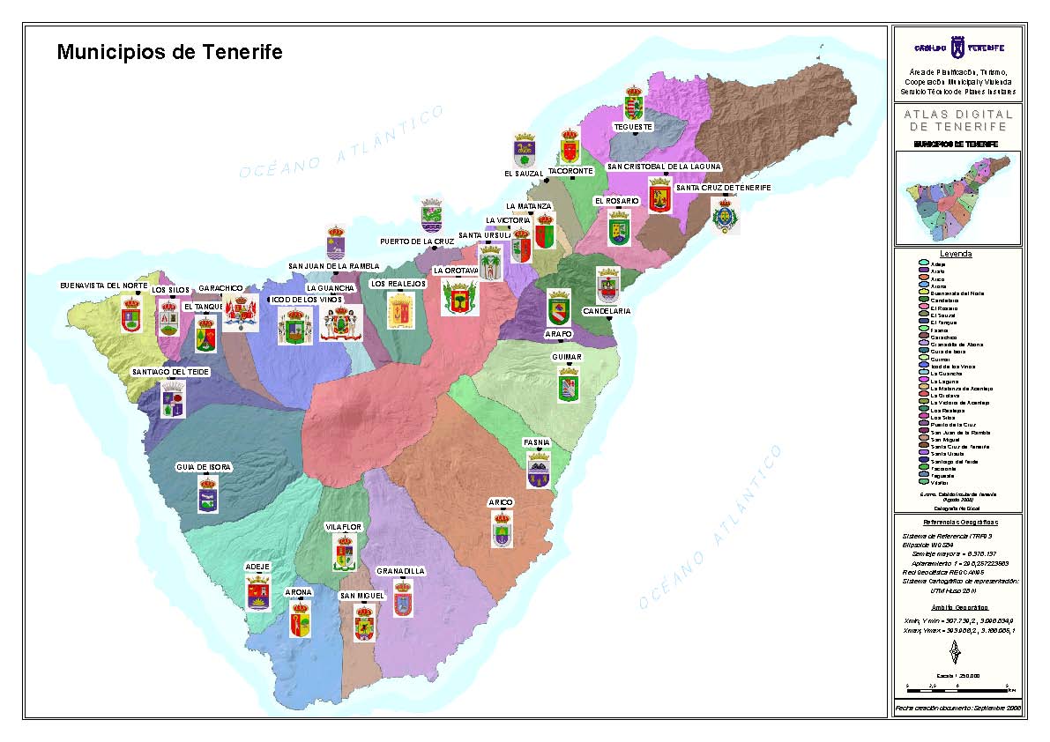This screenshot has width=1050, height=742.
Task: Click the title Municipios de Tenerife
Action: coord(169,52)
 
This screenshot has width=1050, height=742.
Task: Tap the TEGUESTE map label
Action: coord(633,127)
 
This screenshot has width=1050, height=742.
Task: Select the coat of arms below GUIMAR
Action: coord(569,385)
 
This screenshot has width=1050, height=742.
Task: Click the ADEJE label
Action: coord(257,566)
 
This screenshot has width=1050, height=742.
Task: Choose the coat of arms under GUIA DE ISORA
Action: coord(207,494)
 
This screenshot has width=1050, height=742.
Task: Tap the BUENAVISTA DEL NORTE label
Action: coord(104,286)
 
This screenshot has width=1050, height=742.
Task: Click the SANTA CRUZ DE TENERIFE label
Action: coord(723,188)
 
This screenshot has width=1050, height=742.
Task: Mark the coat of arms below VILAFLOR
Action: coord(344,553)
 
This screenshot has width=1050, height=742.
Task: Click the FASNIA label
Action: coord(537,441)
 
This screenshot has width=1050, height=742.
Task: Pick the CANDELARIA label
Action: coord(607,311)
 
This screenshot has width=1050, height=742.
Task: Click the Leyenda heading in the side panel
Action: coord(956,254)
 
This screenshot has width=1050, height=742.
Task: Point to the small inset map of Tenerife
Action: coord(957,197)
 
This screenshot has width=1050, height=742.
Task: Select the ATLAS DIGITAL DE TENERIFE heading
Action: coord(957,121)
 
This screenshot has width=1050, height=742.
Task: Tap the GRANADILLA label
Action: coord(401,571)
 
